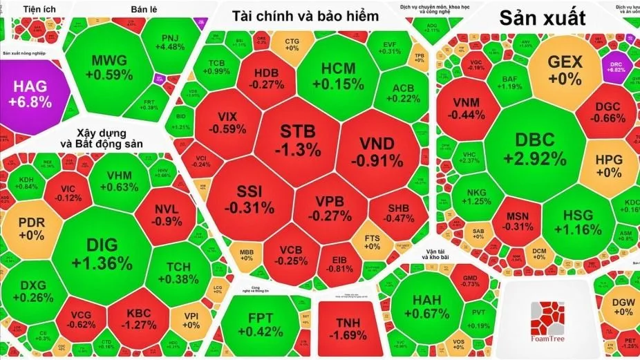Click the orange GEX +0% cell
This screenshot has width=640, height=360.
[x=564, y=70]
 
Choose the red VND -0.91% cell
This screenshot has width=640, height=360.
[x=377, y=152]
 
